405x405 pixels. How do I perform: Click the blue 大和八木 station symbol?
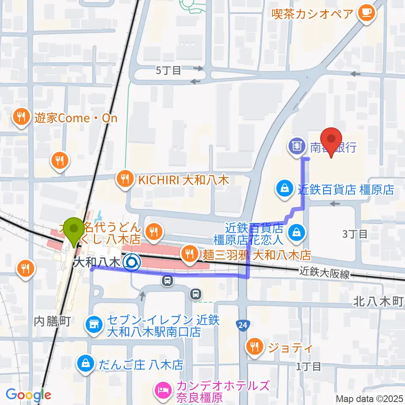(132, 263)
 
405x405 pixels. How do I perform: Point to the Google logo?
(28, 395)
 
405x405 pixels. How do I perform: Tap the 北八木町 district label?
(378, 302)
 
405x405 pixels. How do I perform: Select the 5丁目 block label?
(168, 70)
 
